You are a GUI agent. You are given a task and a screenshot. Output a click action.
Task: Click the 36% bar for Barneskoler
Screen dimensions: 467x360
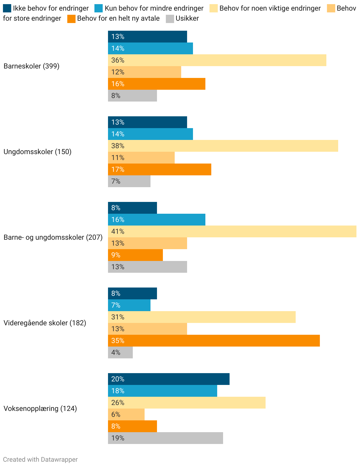(217, 60)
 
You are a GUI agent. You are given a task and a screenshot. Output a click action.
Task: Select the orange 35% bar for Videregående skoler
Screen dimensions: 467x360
(214, 341)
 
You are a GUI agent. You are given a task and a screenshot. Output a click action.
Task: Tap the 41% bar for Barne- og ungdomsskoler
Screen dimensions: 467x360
(232, 231)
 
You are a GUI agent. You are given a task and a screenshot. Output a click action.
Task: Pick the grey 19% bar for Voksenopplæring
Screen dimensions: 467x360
(166, 438)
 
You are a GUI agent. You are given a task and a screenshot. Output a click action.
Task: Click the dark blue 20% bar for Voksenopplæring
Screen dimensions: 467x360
(169, 379)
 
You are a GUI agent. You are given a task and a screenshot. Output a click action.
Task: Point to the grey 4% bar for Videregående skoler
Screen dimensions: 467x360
(120, 352)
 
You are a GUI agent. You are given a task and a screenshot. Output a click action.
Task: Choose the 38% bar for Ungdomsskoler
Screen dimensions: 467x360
(223, 146)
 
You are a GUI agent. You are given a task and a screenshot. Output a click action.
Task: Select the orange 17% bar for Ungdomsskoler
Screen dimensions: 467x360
(160, 169)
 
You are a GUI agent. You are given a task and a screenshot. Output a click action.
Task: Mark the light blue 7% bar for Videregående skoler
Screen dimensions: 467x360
(129, 305)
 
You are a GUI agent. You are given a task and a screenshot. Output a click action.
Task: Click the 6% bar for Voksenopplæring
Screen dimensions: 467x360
(126, 414)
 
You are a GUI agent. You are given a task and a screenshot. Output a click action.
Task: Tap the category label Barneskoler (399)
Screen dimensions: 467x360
(32, 66)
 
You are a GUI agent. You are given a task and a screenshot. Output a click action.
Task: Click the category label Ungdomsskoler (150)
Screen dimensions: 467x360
(37, 152)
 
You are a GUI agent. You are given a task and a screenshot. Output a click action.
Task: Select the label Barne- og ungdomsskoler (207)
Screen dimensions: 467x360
(53, 237)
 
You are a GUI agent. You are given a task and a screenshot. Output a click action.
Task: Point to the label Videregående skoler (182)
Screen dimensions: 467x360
(45, 323)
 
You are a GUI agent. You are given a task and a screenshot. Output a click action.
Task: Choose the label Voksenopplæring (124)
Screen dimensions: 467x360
(40, 409)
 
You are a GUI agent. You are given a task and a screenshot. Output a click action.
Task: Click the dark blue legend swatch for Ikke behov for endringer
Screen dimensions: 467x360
(7, 8)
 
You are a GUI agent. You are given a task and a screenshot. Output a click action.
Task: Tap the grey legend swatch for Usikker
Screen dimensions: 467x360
(170, 19)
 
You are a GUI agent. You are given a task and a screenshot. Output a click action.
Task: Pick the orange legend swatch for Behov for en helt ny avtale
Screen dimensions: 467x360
(71, 19)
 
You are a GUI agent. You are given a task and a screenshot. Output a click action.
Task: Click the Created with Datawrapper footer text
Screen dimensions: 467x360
(40, 460)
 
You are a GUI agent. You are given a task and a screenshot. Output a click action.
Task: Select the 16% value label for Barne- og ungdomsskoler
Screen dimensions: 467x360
(118, 220)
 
